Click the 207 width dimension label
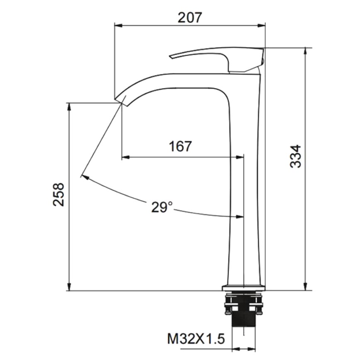[x=190, y=17]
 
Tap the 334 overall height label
[x=295, y=157]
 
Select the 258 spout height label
[x=59, y=194]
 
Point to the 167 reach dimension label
[x=180, y=146]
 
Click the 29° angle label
[x=162, y=207]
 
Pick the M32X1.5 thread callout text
[x=196, y=339]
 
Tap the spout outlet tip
[x=120, y=100]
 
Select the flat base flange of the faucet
[x=243, y=288]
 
